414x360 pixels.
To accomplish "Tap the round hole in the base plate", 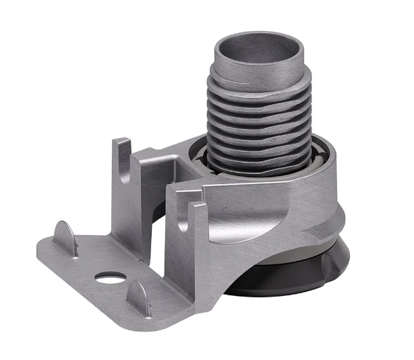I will click(110, 276).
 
